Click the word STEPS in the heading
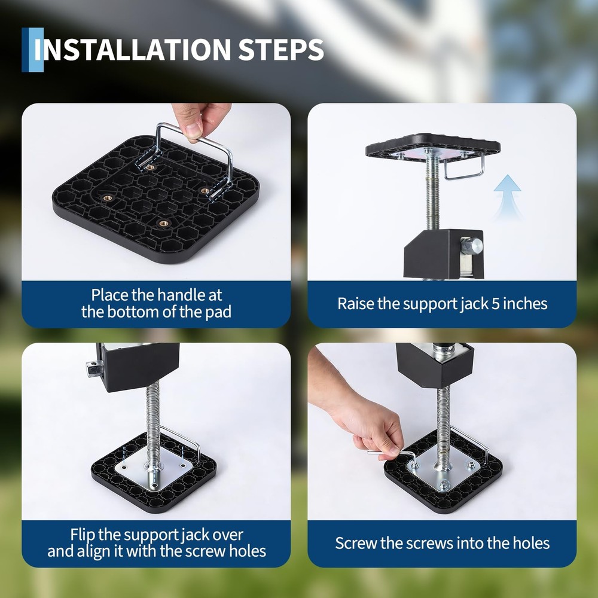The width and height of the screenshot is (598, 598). click(x=281, y=50)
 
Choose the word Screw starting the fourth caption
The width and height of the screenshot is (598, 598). click(x=355, y=543)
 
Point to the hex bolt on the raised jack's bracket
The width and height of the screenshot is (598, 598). click(x=474, y=245)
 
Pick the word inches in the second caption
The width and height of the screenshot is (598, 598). click(x=524, y=303)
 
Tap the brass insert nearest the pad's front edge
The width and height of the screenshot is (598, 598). click(x=163, y=224)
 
